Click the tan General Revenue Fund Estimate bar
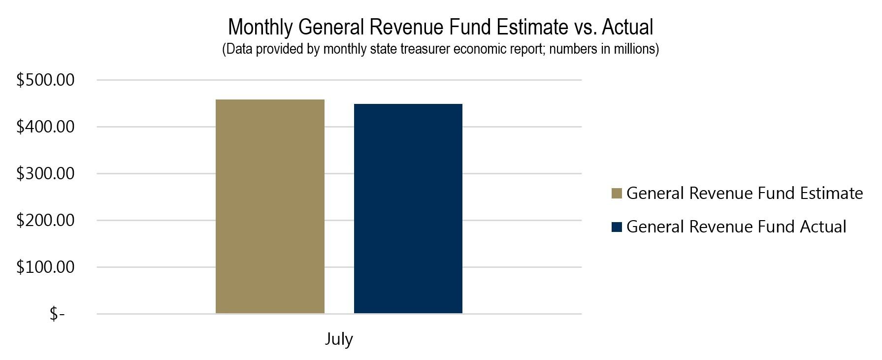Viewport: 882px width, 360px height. pyautogui.click(x=270, y=207)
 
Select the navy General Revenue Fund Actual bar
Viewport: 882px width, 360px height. pyautogui.click(x=408, y=209)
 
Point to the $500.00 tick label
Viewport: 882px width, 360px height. pyautogui.click(x=45, y=80)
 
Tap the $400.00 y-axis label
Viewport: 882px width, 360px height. pyautogui.click(x=45, y=127)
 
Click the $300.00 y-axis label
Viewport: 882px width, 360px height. pyautogui.click(x=45, y=173)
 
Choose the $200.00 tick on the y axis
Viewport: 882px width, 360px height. pyautogui.click(x=45, y=220)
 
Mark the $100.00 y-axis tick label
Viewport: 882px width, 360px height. pyautogui.click(x=45, y=267)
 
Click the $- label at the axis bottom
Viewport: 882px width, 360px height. pyautogui.click(x=57, y=314)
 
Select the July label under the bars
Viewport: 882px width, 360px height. pyautogui.click(x=339, y=339)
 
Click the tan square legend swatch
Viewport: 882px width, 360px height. pyautogui.click(x=617, y=193)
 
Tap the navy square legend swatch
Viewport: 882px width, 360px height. pyautogui.click(x=617, y=227)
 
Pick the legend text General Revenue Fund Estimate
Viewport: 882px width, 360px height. pyautogui.click(x=744, y=193)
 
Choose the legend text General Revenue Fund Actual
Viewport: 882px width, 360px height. pyautogui.click(x=736, y=227)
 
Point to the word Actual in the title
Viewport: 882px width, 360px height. pyautogui.click(x=627, y=27)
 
